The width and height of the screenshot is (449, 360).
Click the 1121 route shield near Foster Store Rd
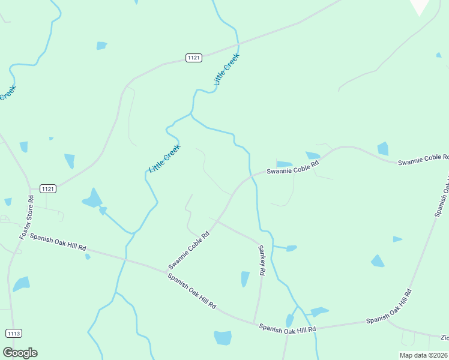point(49,188)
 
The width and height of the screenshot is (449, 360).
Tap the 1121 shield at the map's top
point(193,58)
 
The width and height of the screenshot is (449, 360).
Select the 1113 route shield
point(13,333)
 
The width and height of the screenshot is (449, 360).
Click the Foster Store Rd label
point(26,217)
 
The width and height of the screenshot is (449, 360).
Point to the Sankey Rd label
point(261,260)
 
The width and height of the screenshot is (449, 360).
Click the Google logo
point(20,353)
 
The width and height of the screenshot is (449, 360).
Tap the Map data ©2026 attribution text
point(423,355)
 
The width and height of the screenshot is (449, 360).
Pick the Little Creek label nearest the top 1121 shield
point(226,69)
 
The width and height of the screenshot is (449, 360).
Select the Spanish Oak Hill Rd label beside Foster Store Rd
point(58,242)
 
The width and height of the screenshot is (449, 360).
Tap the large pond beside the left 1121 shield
point(92,199)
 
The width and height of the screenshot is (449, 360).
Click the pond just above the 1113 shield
point(21,284)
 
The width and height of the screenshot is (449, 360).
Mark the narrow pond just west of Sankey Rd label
point(245,279)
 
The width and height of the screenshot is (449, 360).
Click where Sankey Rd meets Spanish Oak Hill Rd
point(255,323)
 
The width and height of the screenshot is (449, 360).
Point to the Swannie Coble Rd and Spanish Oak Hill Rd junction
point(166,271)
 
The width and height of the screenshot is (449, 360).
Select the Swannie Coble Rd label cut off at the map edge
point(423,160)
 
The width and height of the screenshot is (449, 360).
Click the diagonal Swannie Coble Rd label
point(188,250)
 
